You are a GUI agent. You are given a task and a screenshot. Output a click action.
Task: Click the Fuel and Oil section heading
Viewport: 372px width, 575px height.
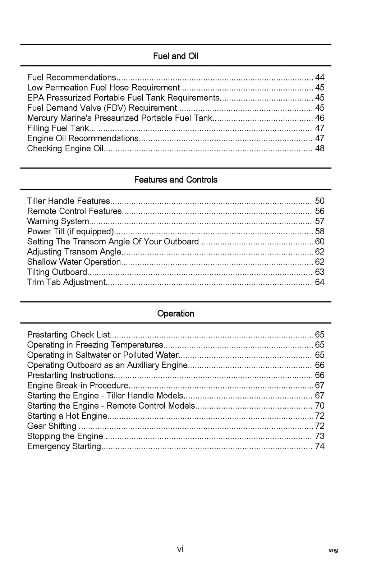coord(175,56)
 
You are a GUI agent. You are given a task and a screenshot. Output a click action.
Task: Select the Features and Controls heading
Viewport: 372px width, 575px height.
coord(175,180)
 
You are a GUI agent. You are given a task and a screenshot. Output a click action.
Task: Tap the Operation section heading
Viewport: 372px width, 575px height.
coord(175,314)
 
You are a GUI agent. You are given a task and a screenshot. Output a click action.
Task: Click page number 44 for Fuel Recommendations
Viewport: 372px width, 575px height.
coord(320,77)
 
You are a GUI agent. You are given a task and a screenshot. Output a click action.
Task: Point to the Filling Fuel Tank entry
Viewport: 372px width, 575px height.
coord(58,128)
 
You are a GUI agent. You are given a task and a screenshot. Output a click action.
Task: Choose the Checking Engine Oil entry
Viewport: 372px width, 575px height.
coord(65,148)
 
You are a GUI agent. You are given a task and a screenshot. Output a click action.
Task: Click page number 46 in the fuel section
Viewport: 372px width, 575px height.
coord(320,118)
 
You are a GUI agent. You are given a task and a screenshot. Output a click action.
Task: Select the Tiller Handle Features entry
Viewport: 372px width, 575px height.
coord(69,201)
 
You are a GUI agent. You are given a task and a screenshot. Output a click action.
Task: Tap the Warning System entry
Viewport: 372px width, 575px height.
coord(58,221)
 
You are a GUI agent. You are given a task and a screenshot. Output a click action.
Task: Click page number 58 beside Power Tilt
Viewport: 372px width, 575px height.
coord(320,231)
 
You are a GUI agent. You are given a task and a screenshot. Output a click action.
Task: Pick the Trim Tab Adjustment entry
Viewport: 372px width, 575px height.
coord(66,282)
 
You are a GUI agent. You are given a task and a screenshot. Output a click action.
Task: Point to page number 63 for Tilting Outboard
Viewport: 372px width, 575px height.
coord(320,272)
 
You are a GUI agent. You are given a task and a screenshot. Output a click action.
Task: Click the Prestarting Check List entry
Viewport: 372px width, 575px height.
coord(68,335)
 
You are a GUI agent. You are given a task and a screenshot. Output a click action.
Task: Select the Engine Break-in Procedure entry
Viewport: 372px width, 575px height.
coord(78,386)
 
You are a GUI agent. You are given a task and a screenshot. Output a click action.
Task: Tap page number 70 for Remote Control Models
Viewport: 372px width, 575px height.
coord(320,406)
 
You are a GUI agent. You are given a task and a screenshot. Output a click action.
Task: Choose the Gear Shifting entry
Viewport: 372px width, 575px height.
coord(52,426)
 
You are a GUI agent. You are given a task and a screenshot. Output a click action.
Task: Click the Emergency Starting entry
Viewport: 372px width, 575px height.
coord(64,446)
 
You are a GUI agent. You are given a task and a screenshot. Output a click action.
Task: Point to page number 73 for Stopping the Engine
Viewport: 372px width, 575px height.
coord(320,436)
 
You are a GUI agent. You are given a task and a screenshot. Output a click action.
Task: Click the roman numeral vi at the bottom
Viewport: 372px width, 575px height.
coord(180,549)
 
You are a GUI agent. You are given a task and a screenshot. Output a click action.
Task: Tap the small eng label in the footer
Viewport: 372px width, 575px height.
coord(333,550)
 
